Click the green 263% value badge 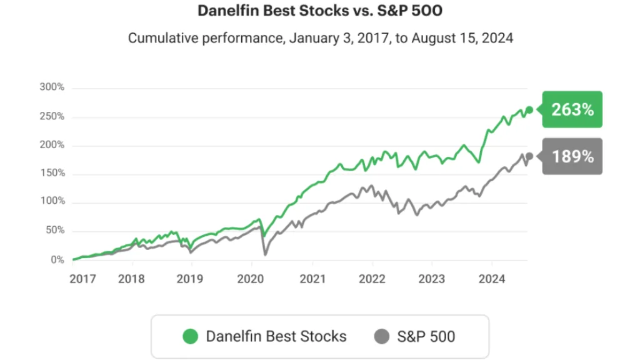(x=572, y=109)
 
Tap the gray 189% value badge (x=572, y=156)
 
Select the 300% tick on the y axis (x=52, y=87)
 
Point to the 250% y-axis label (x=52, y=116)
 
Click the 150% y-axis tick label (x=52, y=173)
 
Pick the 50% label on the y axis (x=55, y=230)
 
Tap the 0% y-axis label (x=57, y=260)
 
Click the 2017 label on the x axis (x=83, y=279)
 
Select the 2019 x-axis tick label (x=190, y=279)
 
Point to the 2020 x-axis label (x=251, y=279)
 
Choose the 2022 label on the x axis (x=372, y=279)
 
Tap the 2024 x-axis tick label (x=492, y=279)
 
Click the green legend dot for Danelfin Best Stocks (x=190, y=337)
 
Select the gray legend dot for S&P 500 (x=382, y=337)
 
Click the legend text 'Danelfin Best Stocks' (x=276, y=337)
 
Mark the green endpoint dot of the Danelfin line (x=529, y=110)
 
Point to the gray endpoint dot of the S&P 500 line (x=529, y=156)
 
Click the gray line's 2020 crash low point (x=265, y=255)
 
